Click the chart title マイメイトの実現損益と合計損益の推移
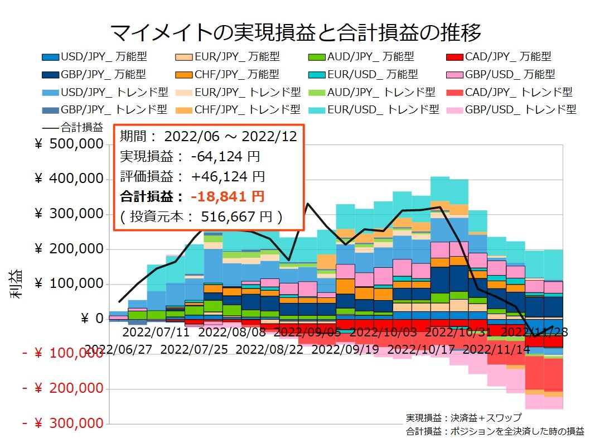coord(295,33)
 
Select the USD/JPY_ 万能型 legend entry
coord(94,56)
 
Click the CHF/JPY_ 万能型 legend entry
coord(229,74)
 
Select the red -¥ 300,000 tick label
coord(63,423)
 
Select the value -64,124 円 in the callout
coord(225,157)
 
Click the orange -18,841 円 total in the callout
coord(227,196)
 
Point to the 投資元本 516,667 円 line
coord(201,216)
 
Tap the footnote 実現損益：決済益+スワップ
coord(464,418)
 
